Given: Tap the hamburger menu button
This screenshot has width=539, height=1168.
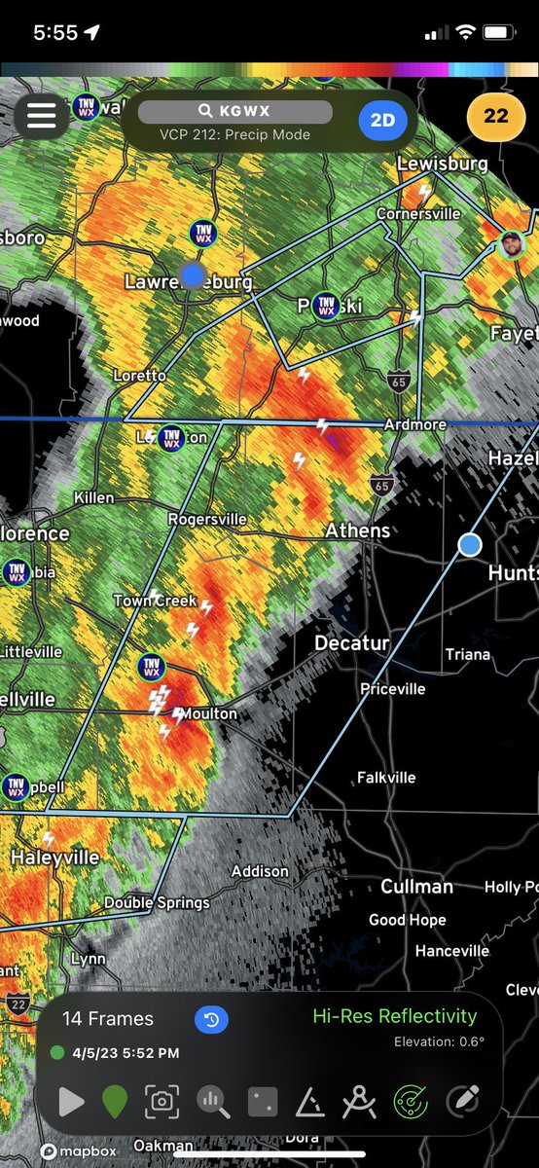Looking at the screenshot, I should click(41, 116).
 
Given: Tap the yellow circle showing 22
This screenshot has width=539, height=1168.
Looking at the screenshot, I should click(496, 116).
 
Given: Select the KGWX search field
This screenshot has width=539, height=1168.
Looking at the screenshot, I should click(234, 112).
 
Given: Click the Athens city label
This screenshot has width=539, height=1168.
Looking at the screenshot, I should click(358, 530).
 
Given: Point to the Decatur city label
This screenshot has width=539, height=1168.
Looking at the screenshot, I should click(351, 643).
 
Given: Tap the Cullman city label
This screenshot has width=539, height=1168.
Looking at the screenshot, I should click(416, 887).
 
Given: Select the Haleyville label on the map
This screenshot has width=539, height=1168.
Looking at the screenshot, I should click(54, 858).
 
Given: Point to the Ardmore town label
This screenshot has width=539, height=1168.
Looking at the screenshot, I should click(414, 425).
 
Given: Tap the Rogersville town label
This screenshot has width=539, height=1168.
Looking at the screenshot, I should click(207, 519).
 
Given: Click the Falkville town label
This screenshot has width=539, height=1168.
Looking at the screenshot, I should click(386, 777).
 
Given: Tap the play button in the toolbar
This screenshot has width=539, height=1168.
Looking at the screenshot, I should click(71, 1102).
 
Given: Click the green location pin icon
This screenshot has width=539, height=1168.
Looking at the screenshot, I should click(115, 1102).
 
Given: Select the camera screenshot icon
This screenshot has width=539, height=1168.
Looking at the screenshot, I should click(162, 1102).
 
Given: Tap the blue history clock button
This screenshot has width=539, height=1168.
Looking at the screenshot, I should click(211, 1019).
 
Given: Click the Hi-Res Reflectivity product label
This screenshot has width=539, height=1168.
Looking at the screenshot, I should click(394, 1016).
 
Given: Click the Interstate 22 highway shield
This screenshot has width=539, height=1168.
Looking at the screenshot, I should click(16, 1002).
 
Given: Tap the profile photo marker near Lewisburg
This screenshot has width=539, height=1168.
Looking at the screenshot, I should click(511, 243).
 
